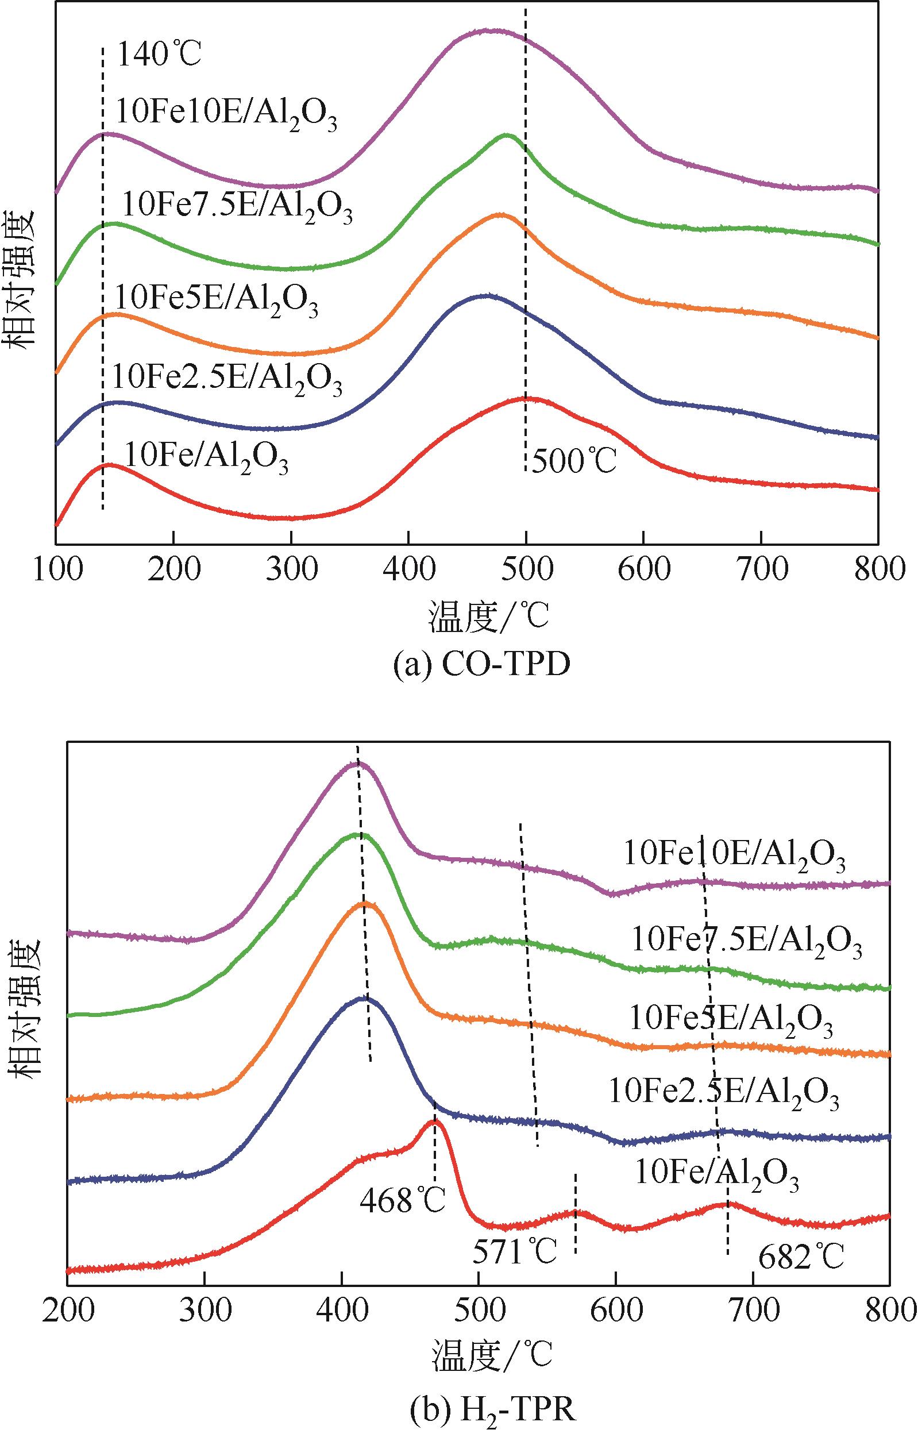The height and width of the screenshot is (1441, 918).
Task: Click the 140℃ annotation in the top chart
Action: (x=159, y=56)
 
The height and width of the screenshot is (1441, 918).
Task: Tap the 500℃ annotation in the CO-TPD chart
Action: (x=574, y=461)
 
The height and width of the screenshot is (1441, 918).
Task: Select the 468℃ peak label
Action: (x=402, y=1199)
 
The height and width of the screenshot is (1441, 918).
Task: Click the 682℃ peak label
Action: (x=801, y=1257)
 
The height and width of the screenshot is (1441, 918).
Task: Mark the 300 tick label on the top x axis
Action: (x=291, y=571)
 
